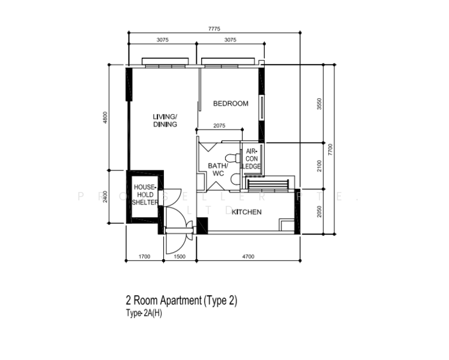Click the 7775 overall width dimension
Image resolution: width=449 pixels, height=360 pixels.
tap(214, 29)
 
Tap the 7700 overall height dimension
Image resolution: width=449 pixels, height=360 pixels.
tap(331, 149)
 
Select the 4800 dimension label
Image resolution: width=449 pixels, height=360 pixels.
tap(105, 118)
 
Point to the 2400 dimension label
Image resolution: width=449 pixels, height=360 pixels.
tap(105, 197)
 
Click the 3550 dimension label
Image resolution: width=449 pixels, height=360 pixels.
tap(319, 104)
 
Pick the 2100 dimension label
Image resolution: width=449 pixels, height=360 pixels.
tap(319, 166)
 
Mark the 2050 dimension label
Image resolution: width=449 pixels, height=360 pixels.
tap(319, 211)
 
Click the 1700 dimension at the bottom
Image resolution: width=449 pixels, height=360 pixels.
tap(144, 257)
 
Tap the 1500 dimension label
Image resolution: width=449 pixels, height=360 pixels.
tap(179, 257)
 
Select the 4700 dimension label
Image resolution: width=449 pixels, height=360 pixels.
tap(249, 257)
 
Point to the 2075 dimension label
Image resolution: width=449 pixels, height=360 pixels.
tap(219, 125)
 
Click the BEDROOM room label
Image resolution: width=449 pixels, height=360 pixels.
tap(231, 104)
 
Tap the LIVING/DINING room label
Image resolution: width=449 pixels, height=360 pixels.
tap(165, 121)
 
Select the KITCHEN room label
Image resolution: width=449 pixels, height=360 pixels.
tap(247, 212)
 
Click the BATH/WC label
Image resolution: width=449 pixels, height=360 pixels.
tap(218, 170)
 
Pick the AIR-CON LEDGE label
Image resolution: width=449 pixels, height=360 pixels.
tap(252, 158)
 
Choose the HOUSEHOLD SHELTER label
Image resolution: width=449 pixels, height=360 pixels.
tap(145, 194)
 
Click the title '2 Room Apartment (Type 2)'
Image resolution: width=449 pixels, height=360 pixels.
tap(181, 301)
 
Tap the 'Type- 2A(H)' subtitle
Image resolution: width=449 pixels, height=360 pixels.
tap(143, 313)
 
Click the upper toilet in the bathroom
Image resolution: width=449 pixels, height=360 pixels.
tap(232, 158)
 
